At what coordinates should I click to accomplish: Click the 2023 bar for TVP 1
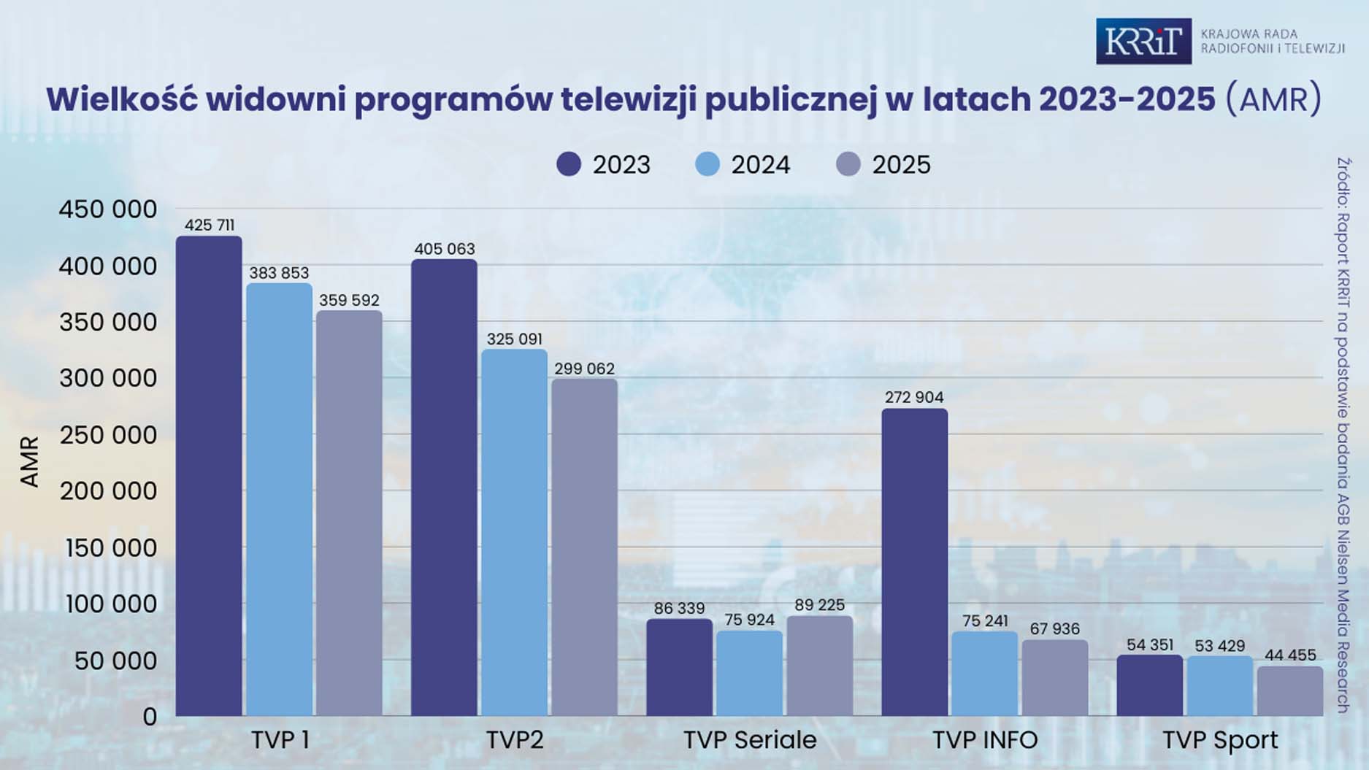(x=209, y=474)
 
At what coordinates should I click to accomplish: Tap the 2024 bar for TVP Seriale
(x=749, y=672)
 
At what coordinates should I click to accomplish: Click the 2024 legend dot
(x=707, y=164)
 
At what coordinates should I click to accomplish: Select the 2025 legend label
(x=901, y=165)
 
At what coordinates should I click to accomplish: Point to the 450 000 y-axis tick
(x=108, y=209)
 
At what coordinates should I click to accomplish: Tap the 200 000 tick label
(x=108, y=491)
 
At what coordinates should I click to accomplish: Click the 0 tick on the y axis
(x=150, y=717)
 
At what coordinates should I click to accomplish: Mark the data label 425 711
(x=210, y=225)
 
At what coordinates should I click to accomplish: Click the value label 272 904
(x=914, y=398)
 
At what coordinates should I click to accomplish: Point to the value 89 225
(x=819, y=605)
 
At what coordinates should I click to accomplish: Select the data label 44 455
(x=1290, y=655)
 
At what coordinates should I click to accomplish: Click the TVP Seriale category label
(x=750, y=740)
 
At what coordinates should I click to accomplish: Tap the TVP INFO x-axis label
(x=985, y=740)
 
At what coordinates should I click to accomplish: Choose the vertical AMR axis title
(x=29, y=461)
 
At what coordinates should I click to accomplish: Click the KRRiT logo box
(x=1143, y=42)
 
